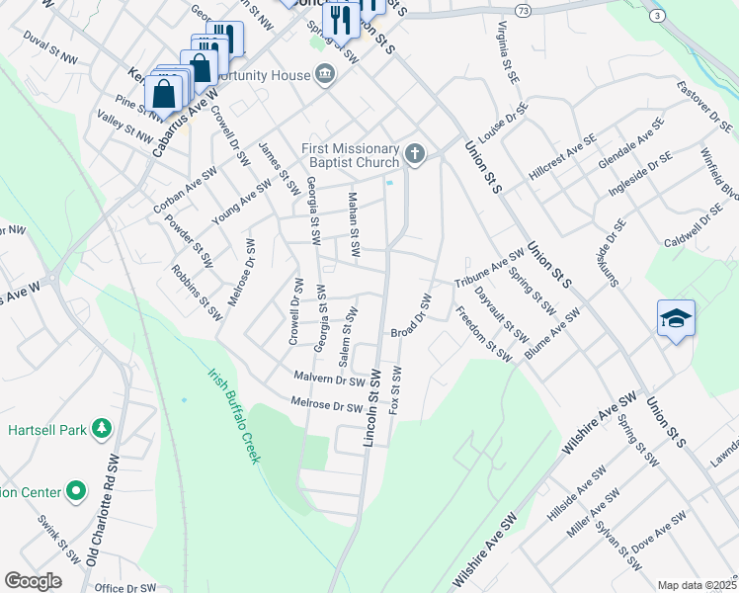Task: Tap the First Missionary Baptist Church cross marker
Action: tap(415, 153)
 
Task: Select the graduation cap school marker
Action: tap(676, 318)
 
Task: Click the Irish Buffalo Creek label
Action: tap(234, 416)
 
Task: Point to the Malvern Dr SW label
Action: tap(330, 379)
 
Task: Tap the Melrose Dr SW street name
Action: tap(327, 404)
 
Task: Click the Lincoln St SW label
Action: tap(372, 408)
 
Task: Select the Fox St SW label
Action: tap(396, 389)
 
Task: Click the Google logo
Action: tap(32, 581)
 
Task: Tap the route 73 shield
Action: tap(523, 9)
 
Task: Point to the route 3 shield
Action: tap(655, 16)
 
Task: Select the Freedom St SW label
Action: tap(484, 334)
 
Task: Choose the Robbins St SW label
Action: tap(196, 292)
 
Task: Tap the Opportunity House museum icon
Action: tap(324, 74)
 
